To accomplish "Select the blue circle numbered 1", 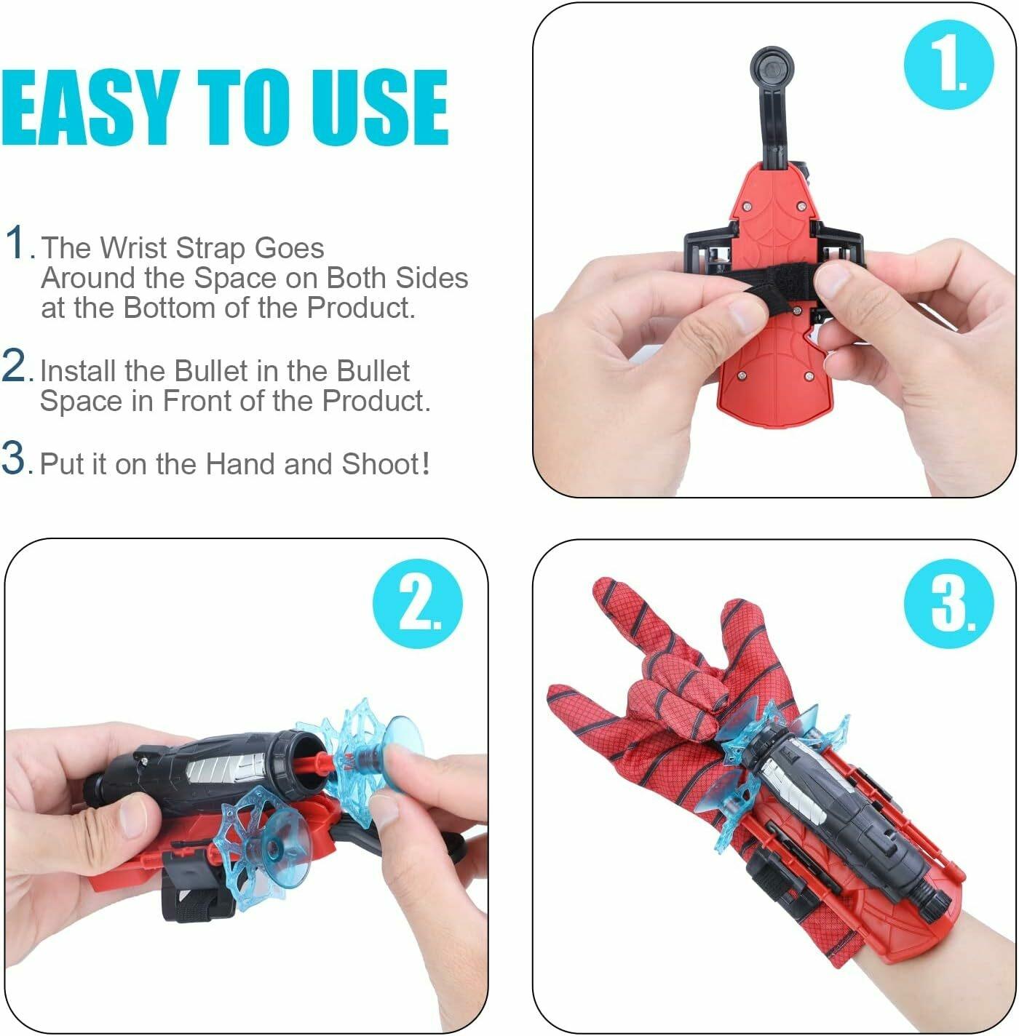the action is tap(948, 65).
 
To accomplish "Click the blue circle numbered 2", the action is tap(418, 603).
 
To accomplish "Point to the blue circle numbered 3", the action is tap(948, 603).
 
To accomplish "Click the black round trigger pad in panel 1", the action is tap(772, 68).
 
